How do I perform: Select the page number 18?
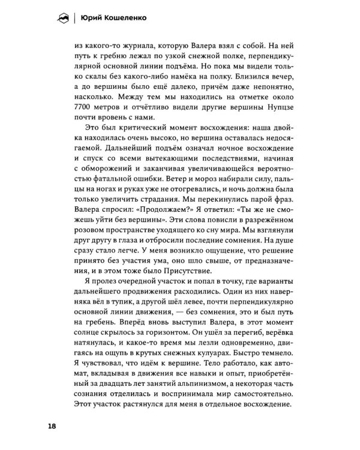(52, 426)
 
